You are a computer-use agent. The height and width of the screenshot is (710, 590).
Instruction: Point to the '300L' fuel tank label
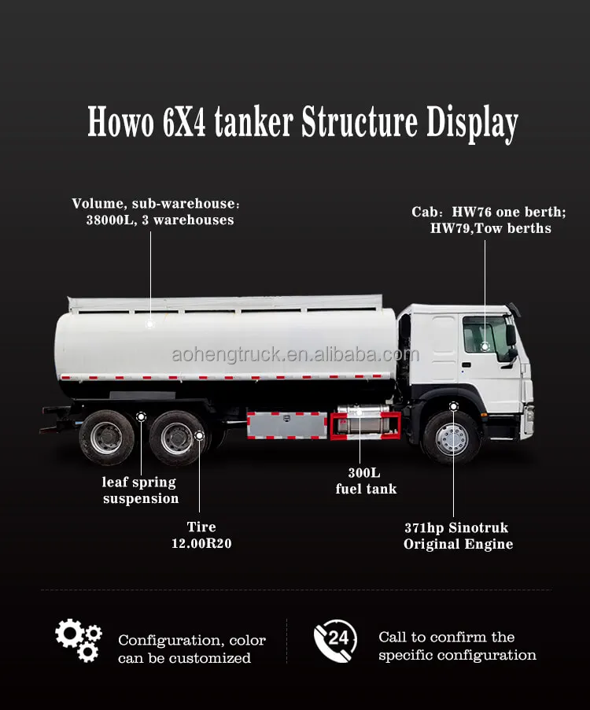point(364,473)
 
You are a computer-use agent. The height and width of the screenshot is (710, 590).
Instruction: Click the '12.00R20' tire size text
point(201,543)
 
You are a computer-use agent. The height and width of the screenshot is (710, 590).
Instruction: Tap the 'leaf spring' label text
point(139,483)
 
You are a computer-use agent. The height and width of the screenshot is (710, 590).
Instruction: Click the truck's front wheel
point(451,437)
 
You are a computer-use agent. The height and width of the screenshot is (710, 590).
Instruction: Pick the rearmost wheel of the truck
point(106,438)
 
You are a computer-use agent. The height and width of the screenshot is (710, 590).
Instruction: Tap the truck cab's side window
point(481,335)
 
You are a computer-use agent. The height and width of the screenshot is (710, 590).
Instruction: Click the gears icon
point(78,640)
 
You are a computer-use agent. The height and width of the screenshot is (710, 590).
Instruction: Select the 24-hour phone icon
point(335,640)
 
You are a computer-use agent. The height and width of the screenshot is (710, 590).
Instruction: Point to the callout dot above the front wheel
point(453,405)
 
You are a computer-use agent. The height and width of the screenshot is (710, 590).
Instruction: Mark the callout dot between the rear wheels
point(141,416)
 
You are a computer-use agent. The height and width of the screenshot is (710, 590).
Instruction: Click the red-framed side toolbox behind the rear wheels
point(286,425)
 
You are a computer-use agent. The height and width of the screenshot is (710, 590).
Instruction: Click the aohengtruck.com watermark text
point(295,354)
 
